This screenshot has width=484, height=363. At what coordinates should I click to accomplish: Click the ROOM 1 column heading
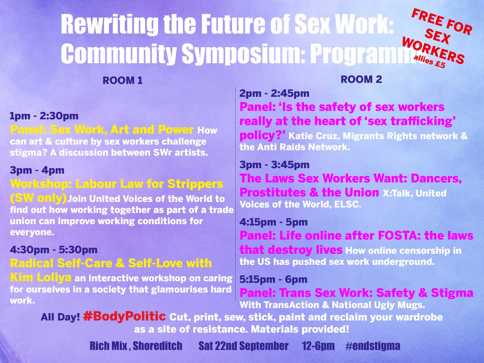123,81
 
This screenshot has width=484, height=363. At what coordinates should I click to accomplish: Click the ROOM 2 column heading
361,79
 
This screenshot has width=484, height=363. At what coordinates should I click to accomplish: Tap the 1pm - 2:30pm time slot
44,117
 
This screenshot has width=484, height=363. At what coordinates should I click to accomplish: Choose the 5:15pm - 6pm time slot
273,280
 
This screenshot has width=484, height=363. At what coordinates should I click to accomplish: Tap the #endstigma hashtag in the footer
373,346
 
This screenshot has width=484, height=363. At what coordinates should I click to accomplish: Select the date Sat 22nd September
244,346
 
